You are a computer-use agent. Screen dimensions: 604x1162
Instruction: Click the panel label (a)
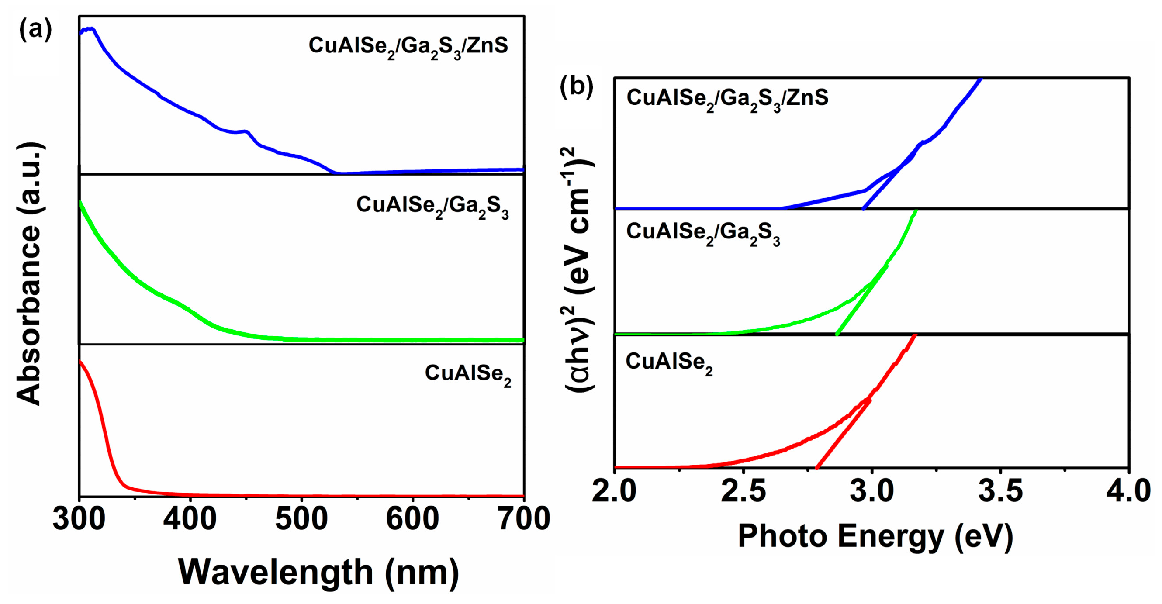tap(35, 30)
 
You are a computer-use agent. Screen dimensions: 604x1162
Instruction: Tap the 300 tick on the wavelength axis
tap(80, 519)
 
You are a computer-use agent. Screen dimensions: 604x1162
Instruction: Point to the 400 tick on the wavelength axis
tap(190, 519)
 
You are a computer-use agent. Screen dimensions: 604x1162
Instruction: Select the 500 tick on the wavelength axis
tap(301, 519)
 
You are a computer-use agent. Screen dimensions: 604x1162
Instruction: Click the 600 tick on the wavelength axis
tap(412, 519)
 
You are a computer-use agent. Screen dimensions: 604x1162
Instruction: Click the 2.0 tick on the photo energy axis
tap(614, 491)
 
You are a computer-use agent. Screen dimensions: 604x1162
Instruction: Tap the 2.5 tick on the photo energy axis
tap(743, 491)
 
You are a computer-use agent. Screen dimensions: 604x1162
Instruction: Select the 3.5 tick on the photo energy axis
tap(1000, 491)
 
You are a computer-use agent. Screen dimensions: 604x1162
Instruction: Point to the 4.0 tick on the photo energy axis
tap(1128, 491)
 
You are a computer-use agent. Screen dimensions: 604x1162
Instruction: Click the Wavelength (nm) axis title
tap(318, 572)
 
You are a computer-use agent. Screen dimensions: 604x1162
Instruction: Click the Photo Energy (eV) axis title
tap(875, 536)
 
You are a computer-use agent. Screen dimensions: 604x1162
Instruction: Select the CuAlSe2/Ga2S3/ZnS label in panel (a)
tap(408, 47)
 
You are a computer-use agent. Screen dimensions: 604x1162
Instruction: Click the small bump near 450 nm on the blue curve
tap(246, 131)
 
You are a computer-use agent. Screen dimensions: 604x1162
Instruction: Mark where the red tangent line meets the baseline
tap(817, 467)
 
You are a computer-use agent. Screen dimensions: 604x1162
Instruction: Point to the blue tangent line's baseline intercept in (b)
tap(863, 208)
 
